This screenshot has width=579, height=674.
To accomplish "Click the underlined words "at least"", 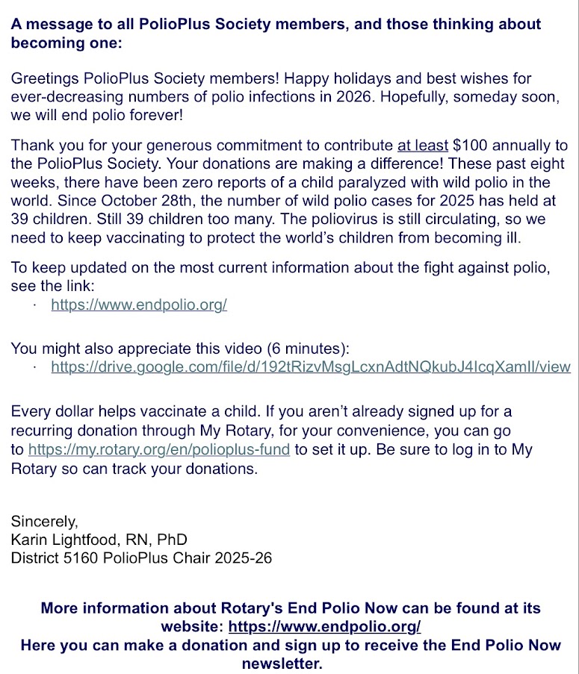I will pyautogui.click(x=423, y=146).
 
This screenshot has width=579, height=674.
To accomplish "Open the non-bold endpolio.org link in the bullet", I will pyautogui.click(x=139, y=305).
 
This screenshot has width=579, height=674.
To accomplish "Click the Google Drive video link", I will pyautogui.click(x=311, y=366).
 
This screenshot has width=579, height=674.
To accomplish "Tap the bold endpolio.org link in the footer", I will pyautogui.click(x=324, y=625).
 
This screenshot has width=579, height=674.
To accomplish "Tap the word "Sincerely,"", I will pyautogui.click(x=44, y=521).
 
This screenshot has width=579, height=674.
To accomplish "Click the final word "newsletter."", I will pyautogui.click(x=282, y=663).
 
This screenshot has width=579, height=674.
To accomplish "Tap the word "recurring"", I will pyautogui.click(x=43, y=431).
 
